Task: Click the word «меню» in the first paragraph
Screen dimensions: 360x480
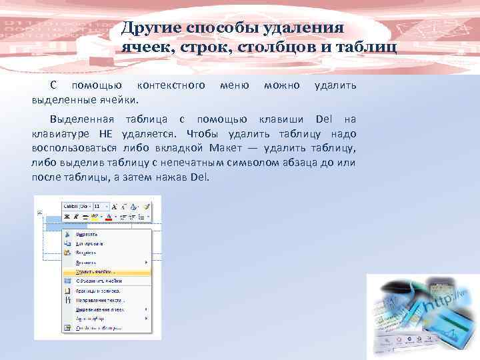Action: pyautogui.click(x=234, y=85)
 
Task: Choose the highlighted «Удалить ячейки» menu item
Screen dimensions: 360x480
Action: pyautogui.click(x=96, y=271)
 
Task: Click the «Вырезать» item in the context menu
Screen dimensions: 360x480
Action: pyautogui.click(x=87, y=234)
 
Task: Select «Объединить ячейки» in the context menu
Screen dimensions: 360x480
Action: pyautogui.click(x=101, y=281)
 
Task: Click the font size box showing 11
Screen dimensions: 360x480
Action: pyautogui.click(x=101, y=207)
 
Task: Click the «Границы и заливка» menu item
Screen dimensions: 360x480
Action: pyautogui.click(x=99, y=291)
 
